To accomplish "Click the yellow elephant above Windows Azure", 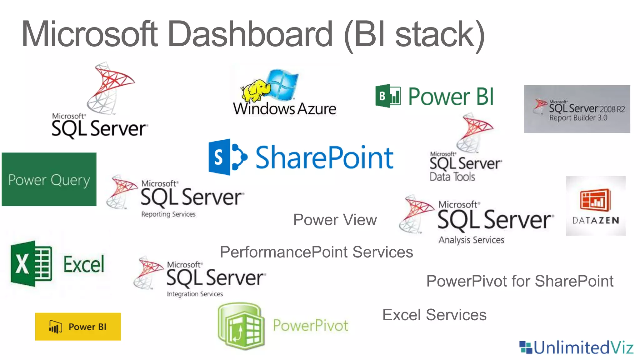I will tap(255, 90).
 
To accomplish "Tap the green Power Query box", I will tap(49, 179).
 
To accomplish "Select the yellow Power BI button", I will tap(78, 327).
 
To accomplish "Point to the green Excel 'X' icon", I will tap(31, 264).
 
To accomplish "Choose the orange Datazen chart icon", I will tap(595, 200).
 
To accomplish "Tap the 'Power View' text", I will tap(335, 220).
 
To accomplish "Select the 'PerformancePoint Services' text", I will tap(316, 252).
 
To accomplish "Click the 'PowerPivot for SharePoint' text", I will tap(520, 281).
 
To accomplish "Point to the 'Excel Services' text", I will tap(434, 315).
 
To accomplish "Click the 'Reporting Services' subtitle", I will tap(168, 214).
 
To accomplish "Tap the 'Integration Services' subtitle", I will tap(195, 294).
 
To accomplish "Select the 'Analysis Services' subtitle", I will tap(471, 240).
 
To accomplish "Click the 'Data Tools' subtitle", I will tap(452, 177).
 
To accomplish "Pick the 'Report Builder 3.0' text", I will tap(578, 118).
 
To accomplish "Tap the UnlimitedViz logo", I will tap(576, 347).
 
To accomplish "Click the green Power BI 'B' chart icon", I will tap(388, 96).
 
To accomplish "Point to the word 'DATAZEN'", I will tap(596, 221).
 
